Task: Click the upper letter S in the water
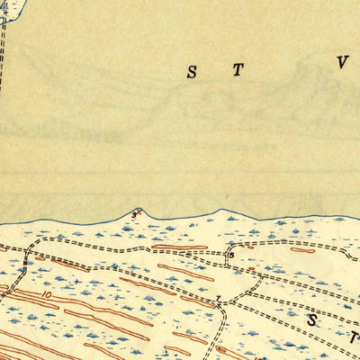[192, 74]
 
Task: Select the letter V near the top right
[342, 62]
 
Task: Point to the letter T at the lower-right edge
[355, 338]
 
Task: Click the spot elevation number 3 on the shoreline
[133, 215]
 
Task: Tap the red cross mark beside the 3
[139, 212]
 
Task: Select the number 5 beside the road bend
[230, 256]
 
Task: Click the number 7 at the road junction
[217, 298]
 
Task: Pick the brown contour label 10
[46, 293]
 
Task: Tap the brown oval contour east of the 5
[302, 250]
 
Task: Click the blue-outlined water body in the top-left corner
[7, 9]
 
